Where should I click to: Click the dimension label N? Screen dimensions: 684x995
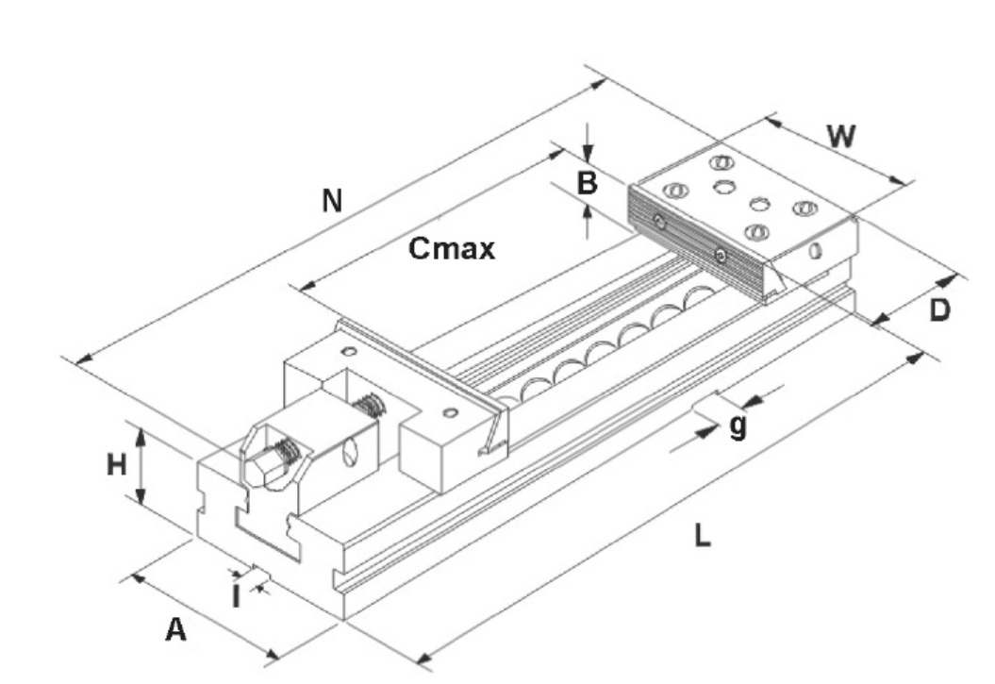(x=330, y=201)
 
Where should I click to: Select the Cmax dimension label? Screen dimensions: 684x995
(x=452, y=249)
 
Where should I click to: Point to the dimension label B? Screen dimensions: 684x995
(x=587, y=183)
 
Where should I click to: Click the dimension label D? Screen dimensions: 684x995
(x=939, y=309)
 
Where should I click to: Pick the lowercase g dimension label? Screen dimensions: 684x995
(x=738, y=426)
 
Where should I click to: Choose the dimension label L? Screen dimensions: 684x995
(x=701, y=537)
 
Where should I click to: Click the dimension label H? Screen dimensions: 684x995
(x=116, y=464)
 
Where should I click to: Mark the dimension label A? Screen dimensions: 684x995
(x=175, y=629)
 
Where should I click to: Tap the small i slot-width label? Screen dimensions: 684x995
(x=236, y=595)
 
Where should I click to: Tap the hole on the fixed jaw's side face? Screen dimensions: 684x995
(x=815, y=251)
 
